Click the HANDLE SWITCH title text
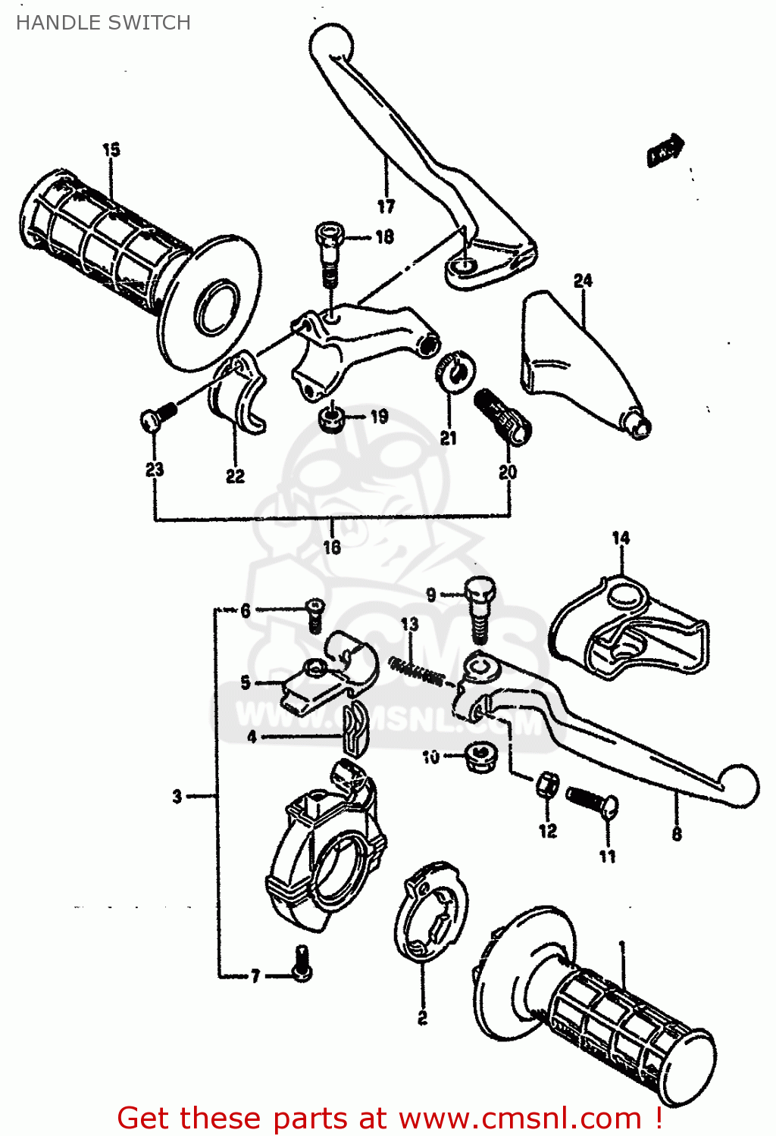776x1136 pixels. point(103,23)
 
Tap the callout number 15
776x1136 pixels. point(111,150)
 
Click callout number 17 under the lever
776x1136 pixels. point(386,206)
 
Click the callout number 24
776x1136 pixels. point(583,281)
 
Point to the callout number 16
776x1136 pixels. point(332,547)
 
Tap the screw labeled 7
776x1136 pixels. point(302,963)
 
